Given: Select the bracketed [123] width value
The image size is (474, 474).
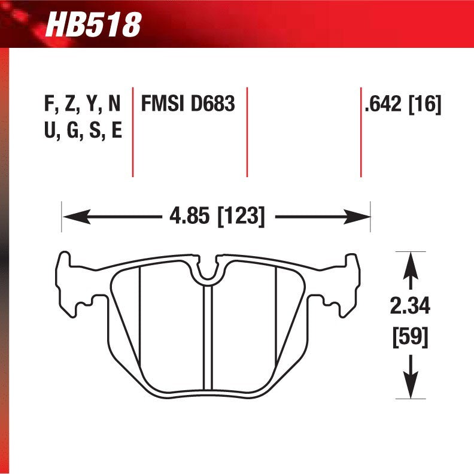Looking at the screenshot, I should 241,215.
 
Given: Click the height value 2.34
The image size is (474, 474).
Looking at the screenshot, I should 410,307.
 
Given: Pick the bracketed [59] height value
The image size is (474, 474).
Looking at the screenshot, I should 410,337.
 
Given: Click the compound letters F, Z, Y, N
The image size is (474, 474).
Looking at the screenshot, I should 83,105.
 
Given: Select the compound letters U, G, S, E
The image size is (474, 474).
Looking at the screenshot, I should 83,130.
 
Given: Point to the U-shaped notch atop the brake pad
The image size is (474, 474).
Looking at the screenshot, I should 208,271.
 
